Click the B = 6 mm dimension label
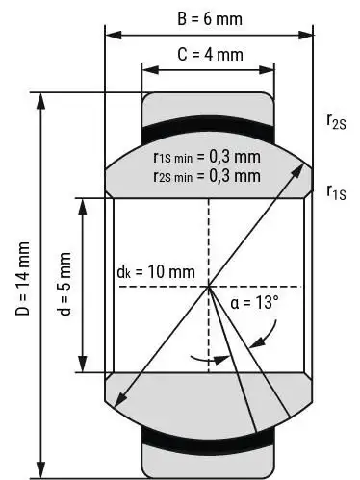point(210,19)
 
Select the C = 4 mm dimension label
point(210,54)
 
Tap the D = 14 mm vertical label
point(23,278)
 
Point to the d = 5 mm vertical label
point(65,284)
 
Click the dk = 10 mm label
point(156,272)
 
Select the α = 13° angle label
point(254,302)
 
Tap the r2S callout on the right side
point(336,122)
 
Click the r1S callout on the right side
point(336,192)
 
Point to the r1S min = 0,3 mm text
point(207,157)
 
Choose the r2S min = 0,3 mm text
point(207,176)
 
